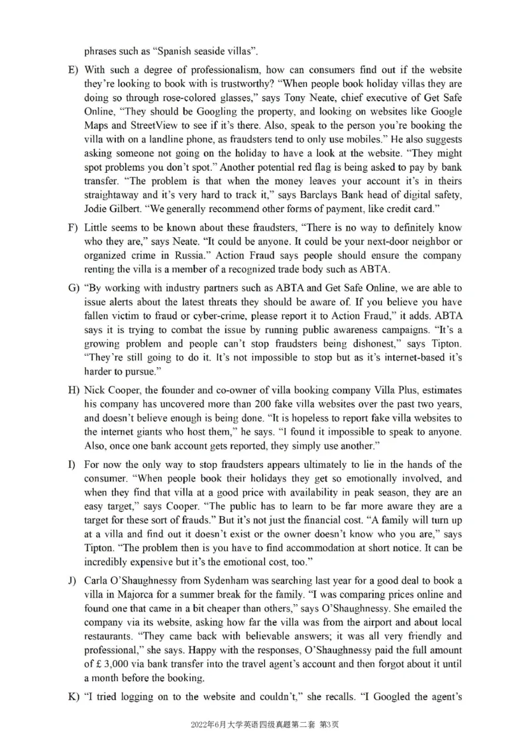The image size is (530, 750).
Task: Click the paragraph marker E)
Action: click(73, 70)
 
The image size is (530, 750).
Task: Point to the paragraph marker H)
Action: click(73, 390)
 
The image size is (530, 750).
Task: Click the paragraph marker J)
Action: click(73, 581)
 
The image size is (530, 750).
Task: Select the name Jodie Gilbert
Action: click(109, 209)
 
